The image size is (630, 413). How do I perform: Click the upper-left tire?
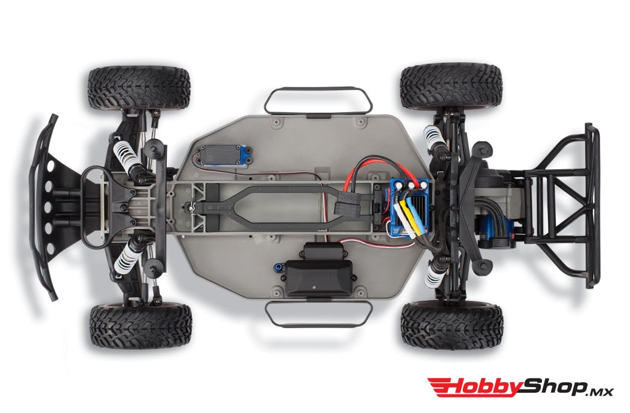click(x=138, y=87)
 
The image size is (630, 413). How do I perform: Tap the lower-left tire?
click(x=140, y=324)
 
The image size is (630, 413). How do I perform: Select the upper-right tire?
click(x=451, y=86)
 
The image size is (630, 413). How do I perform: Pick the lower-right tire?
click(x=452, y=325)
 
